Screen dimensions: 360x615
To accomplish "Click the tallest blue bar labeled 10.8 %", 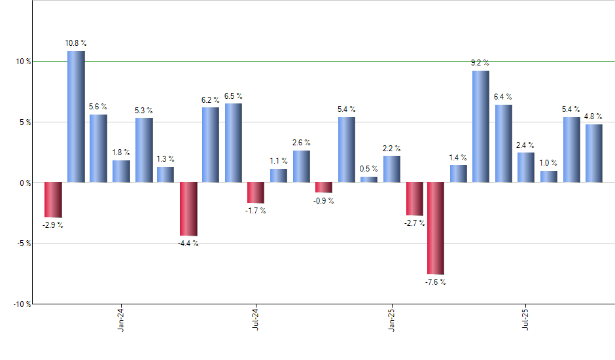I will pos(76,117).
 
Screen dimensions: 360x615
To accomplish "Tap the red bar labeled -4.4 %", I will pos(188,209).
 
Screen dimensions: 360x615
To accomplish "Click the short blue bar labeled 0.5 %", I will pos(369,179).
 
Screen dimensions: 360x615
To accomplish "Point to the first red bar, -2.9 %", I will pos(53,200).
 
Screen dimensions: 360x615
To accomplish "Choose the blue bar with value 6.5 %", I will pos(234,143).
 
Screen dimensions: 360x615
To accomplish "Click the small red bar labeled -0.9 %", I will pos(324,187).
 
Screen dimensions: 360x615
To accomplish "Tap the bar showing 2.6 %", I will pos(302,166).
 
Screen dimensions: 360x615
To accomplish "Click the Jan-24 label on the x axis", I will pos(121,319).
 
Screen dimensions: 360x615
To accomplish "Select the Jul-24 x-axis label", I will pos(256,319).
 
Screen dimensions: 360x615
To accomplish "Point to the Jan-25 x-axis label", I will pos(391,319).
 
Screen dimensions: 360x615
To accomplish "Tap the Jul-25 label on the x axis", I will pos(526,319).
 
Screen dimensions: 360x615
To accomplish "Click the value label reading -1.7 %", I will pos(255,211).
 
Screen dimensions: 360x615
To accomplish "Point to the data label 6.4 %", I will pos(503,97).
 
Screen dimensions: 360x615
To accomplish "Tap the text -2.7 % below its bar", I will pos(414,223).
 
